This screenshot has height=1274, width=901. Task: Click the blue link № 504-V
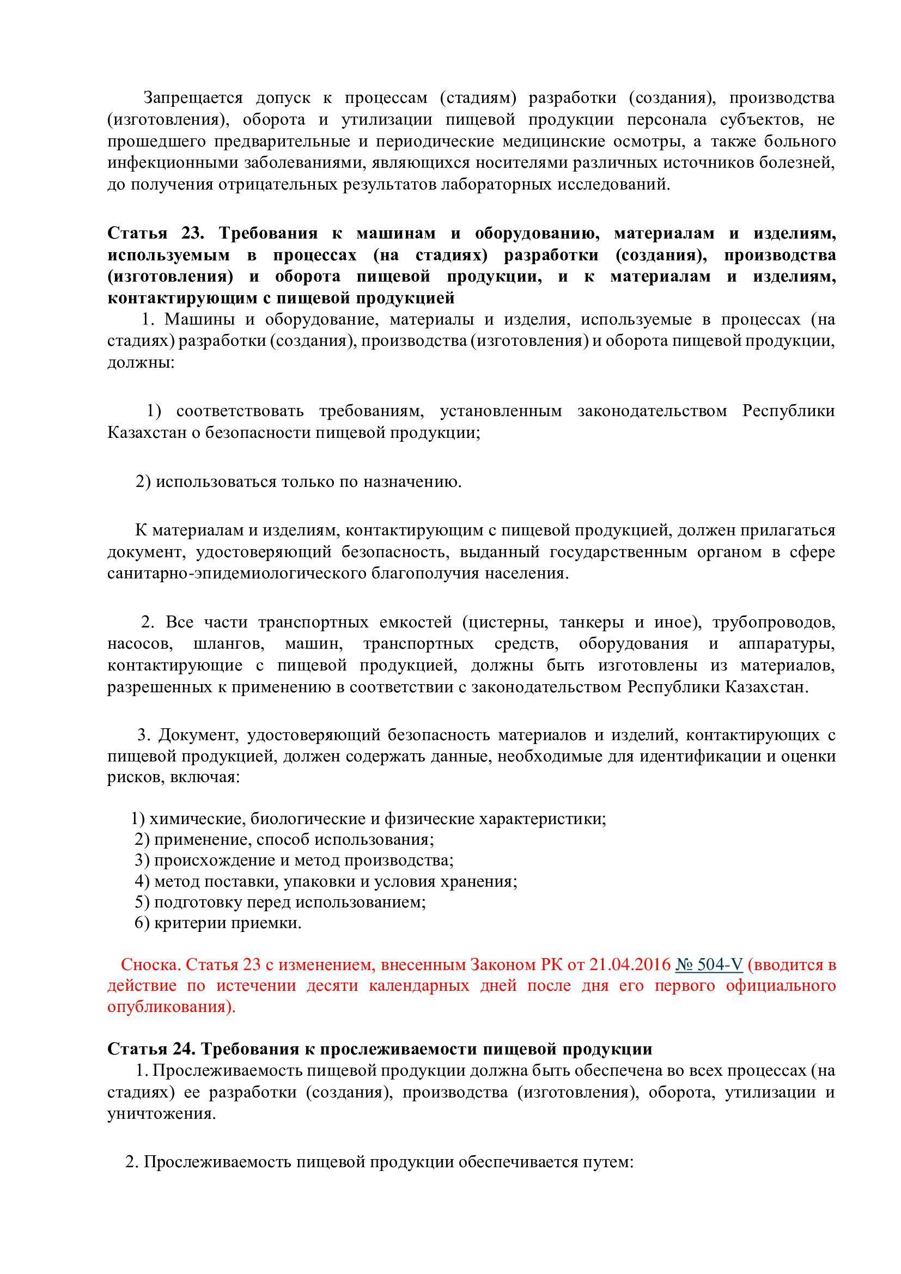709,965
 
